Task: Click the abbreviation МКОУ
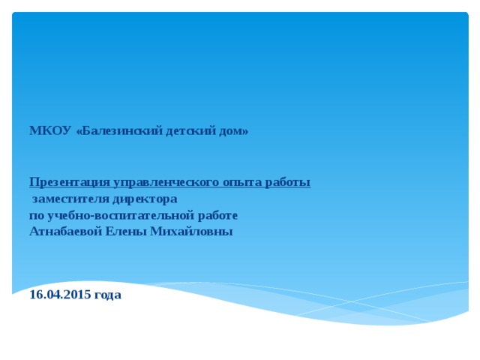50,130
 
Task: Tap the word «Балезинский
119,131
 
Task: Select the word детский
191,131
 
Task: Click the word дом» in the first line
234,131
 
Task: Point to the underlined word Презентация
70,182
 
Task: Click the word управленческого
166,183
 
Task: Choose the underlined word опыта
242,183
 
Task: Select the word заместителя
70,199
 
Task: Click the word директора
145,199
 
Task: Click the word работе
217,215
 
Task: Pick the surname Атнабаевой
66,231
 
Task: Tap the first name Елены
126,231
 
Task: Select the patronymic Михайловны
192,231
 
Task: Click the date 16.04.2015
60,295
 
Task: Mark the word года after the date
108,295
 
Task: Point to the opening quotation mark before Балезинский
79,132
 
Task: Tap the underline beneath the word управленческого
166,187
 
